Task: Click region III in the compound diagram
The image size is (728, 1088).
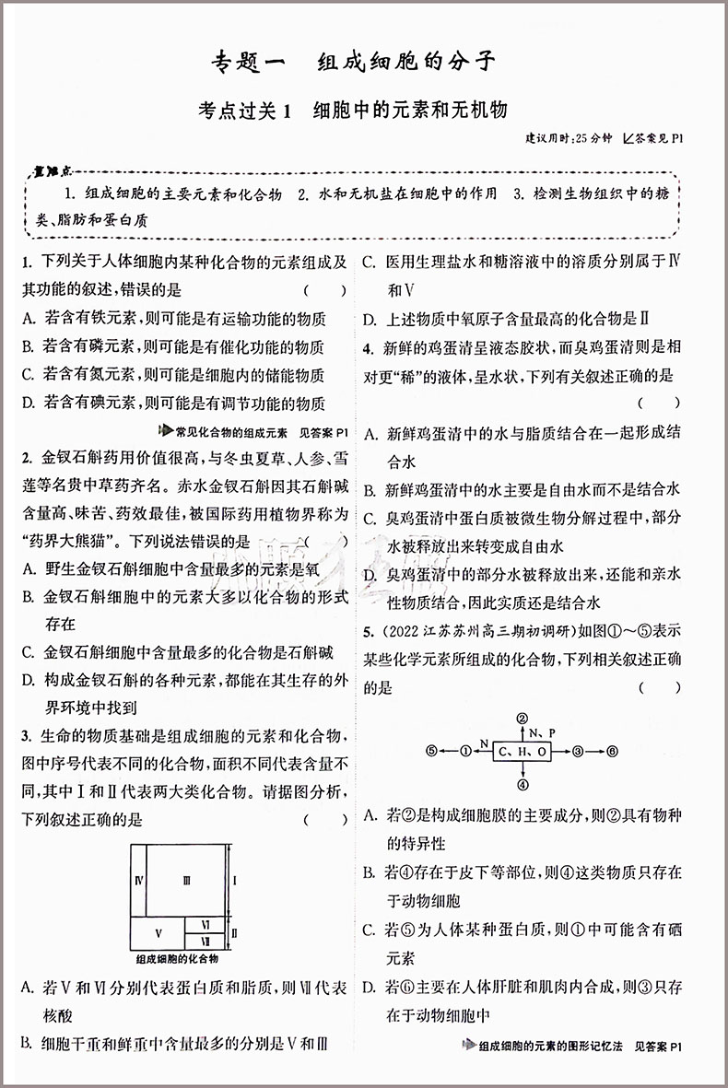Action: point(187,881)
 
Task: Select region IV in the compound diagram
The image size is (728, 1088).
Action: point(137,881)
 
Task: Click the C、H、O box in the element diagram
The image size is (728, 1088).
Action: point(522,752)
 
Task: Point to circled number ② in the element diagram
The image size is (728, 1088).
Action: point(522,719)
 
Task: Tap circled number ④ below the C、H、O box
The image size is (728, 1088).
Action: point(522,785)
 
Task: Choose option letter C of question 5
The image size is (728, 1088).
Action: point(369,930)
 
